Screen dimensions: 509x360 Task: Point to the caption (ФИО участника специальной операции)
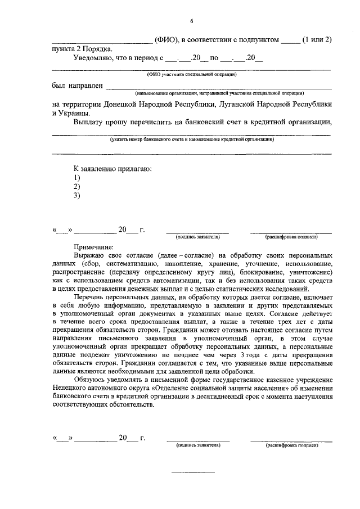(x=191, y=74)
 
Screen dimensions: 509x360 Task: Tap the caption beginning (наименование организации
(x=219, y=93)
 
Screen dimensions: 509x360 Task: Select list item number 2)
(x=77, y=186)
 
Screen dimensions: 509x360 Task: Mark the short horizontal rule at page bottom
(x=192, y=471)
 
